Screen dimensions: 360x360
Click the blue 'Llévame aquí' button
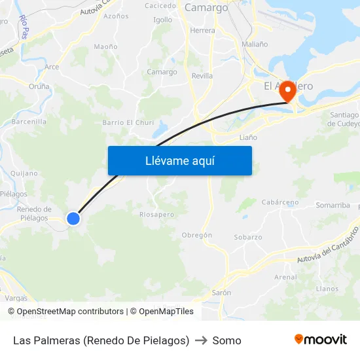point(179,160)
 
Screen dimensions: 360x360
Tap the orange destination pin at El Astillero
point(287,92)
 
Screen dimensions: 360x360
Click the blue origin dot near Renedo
point(73,219)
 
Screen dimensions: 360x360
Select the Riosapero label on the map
point(156,214)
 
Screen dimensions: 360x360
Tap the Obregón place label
point(196,235)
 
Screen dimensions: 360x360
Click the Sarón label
point(221,293)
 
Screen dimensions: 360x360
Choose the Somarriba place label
point(333,205)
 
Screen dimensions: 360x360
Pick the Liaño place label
point(248,137)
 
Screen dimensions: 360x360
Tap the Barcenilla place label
point(29,121)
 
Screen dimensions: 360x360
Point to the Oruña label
point(39,86)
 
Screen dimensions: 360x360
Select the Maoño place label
point(105,46)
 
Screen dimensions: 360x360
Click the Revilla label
point(202,76)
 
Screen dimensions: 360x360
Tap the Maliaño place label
point(255,45)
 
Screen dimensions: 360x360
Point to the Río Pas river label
point(24,27)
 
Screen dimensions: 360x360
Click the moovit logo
point(320,339)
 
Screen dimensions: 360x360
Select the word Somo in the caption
point(226,340)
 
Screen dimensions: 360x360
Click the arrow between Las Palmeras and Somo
point(200,340)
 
